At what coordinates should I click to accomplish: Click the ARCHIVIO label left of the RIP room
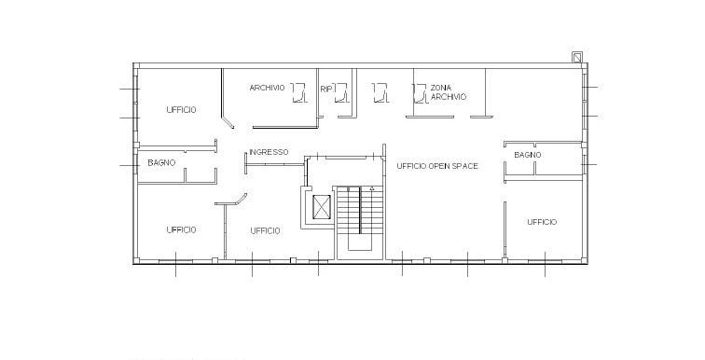pyautogui.click(x=267, y=88)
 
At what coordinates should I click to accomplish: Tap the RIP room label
pyautogui.click(x=326, y=90)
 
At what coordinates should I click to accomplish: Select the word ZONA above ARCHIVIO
pyautogui.click(x=440, y=88)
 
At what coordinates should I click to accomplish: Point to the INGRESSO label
pyautogui.click(x=269, y=152)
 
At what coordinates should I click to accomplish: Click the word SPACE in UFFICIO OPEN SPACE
pyautogui.click(x=463, y=166)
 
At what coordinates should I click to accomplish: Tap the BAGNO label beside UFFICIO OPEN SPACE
pyautogui.click(x=528, y=155)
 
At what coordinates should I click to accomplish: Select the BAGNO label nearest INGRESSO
pyautogui.click(x=161, y=162)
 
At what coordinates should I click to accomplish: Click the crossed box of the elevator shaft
pyautogui.click(x=321, y=207)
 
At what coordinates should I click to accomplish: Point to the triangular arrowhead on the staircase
pyautogui.click(x=372, y=188)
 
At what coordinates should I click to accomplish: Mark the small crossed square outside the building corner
pyautogui.click(x=577, y=58)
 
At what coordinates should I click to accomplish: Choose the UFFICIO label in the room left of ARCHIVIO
pyautogui.click(x=181, y=110)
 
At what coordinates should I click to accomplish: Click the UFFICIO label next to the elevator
pyautogui.click(x=265, y=231)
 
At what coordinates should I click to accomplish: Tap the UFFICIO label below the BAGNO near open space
pyautogui.click(x=542, y=222)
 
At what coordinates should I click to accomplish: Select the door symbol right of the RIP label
pyautogui.click(x=341, y=92)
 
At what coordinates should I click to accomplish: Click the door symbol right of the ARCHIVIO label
pyautogui.click(x=299, y=92)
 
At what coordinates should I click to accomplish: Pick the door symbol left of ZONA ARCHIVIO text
pyautogui.click(x=420, y=93)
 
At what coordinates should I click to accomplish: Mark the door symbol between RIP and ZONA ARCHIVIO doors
pyautogui.click(x=380, y=92)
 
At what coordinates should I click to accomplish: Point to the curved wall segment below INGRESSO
pyautogui.click(x=242, y=199)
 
